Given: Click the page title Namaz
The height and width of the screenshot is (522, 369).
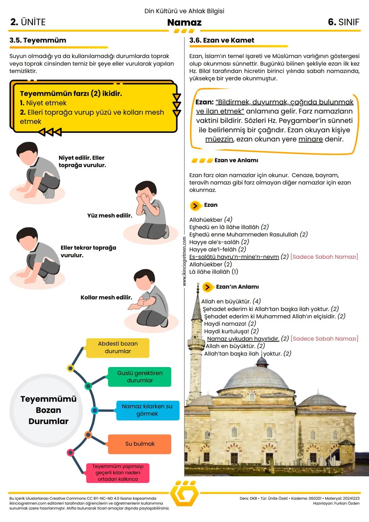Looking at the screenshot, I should (x=184, y=23).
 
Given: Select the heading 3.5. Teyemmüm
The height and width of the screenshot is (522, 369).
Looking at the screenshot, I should (x=38, y=40).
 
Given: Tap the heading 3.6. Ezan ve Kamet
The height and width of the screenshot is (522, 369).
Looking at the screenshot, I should (x=222, y=40).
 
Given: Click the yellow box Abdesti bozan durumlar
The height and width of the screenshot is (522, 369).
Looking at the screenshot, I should (x=118, y=348).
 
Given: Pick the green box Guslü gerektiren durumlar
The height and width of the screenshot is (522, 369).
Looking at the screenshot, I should (x=139, y=377).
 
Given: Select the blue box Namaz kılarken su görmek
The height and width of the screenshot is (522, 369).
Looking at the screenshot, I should (x=147, y=410).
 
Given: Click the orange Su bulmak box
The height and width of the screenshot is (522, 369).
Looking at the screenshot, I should (x=139, y=444).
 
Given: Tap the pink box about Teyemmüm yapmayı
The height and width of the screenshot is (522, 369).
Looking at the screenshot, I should (x=118, y=473).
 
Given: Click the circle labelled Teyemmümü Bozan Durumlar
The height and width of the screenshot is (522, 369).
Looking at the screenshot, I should (x=48, y=410).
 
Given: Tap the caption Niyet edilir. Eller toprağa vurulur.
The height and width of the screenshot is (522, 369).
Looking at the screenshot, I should (x=82, y=161).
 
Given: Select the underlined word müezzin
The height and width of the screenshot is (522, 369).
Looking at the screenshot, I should (x=219, y=139).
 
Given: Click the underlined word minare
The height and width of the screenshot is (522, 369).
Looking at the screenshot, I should (x=310, y=139).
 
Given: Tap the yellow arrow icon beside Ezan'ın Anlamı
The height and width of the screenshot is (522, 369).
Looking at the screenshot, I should (x=207, y=287).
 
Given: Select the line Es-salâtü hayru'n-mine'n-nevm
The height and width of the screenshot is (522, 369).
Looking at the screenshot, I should (x=234, y=257).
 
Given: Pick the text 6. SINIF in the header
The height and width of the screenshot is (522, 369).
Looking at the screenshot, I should (x=343, y=22).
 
